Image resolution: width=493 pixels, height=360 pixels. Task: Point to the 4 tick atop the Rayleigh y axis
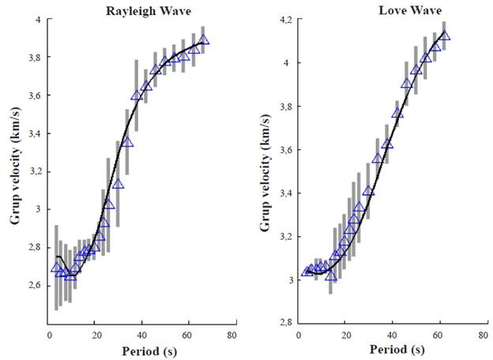[x=37, y=19]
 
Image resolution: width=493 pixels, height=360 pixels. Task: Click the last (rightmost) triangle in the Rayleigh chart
[x=204, y=39]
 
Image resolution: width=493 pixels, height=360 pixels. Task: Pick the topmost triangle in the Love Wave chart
[x=445, y=35]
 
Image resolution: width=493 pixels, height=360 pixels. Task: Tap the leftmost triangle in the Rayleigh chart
[x=56, y=267]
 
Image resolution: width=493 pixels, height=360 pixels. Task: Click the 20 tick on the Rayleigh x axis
[x=94, y=335]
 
